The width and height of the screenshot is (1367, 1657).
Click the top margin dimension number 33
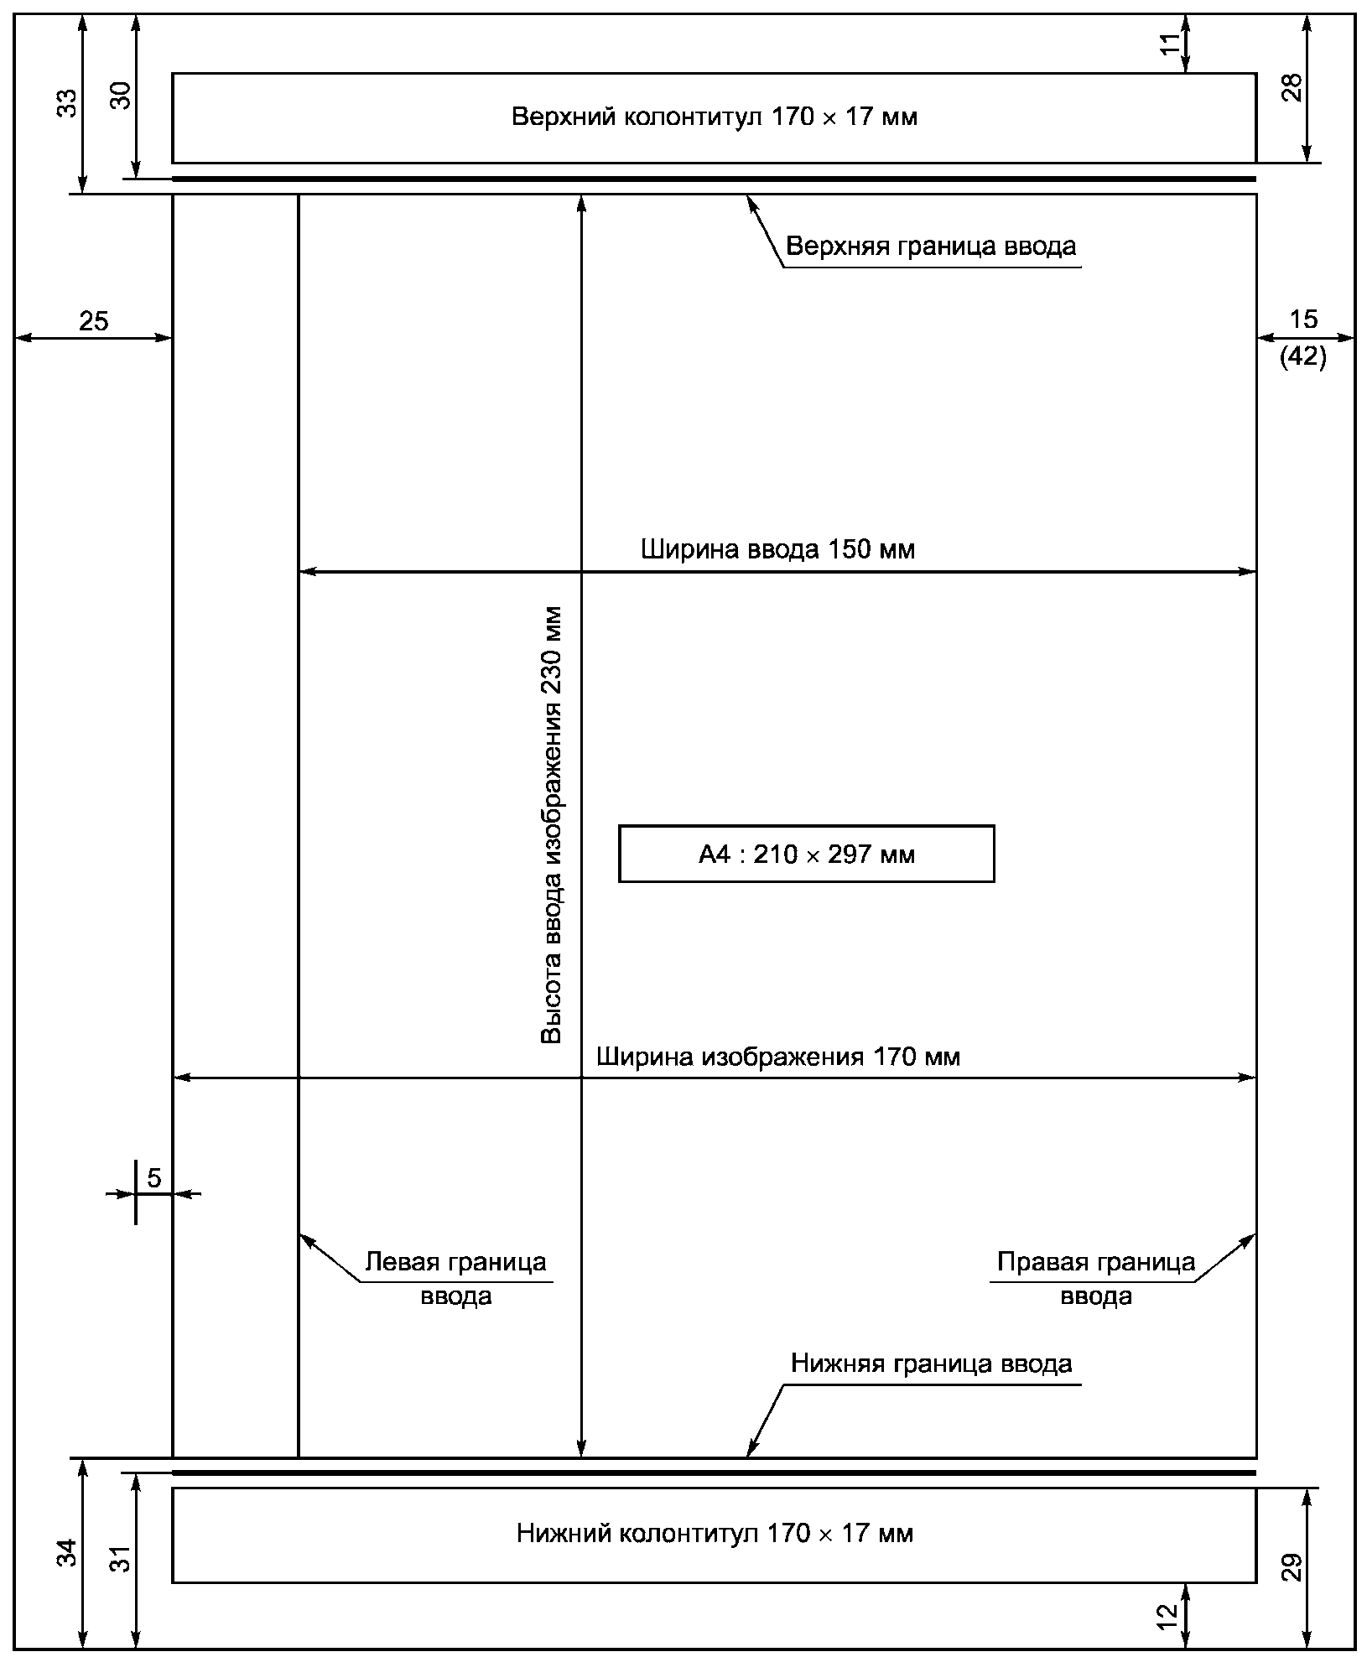tap(70, 102)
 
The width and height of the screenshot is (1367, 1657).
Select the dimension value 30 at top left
tap(122, 96)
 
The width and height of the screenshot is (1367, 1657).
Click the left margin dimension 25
tap(94, 321)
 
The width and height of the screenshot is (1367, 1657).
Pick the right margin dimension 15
tap(1303, 319)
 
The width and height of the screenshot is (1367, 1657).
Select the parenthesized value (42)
tap(1303, 358)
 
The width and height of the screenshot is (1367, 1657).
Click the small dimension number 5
tap(154, 1178)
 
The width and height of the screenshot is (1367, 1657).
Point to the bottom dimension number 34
tap(70, 1551)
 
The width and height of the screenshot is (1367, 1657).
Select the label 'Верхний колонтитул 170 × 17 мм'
tap(715, 117)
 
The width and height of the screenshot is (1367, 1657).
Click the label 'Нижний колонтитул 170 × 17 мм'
tap(715, 1534)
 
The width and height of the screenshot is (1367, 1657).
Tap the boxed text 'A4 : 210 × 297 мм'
tap(807, 854)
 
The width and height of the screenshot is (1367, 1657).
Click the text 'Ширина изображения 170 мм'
tap(778, 1057)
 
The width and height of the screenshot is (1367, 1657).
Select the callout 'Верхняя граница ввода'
tap(931, 247)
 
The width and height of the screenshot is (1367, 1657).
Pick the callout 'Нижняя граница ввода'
tap(931, 1364)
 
